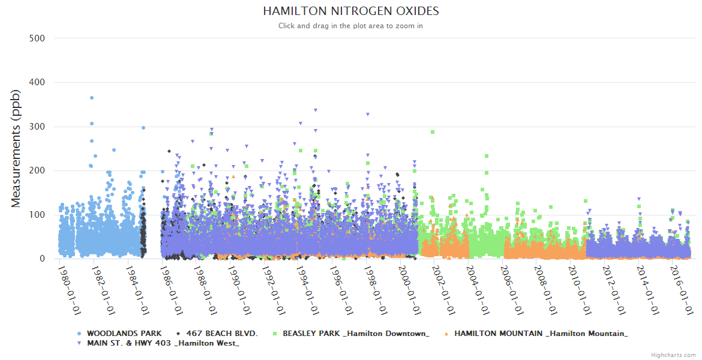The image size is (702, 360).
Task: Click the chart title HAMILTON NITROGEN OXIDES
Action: click(x=350, y=11)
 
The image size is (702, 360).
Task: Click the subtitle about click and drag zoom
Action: click(x=350, y=26)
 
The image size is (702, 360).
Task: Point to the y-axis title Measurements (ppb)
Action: click(x=16, y=148)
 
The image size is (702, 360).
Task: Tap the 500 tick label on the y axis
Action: click(x=37, y=38)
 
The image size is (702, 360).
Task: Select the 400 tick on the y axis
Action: click(x=37, y=82)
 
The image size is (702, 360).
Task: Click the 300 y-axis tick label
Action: click(x=37, y=127)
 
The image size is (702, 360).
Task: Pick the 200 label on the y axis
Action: click(x=37, y=170)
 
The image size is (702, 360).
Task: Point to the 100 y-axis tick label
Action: click(x=37, y=215)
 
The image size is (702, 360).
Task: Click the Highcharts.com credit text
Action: click(x=673, y=355)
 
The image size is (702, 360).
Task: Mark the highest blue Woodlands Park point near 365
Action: click(x=91, y=97)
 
